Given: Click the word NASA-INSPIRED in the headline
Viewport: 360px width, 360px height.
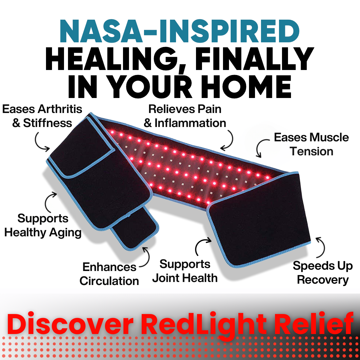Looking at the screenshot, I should point(180,32).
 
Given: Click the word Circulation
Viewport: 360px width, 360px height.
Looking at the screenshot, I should point(109,281).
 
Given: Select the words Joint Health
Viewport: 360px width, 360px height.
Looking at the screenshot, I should point(185,278).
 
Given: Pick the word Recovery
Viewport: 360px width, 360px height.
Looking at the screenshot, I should point(322,280).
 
